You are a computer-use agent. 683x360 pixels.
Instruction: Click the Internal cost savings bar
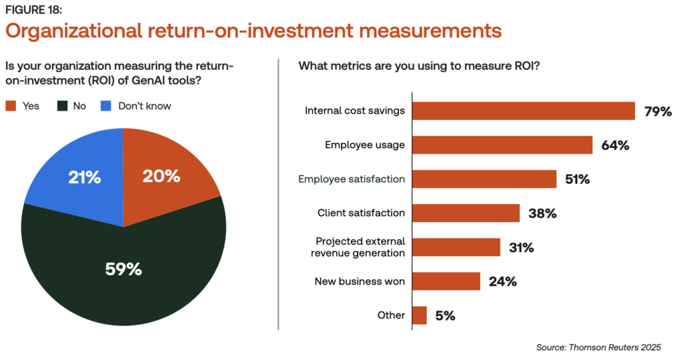[524, 111]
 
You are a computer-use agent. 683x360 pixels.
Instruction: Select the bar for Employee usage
[502, 145]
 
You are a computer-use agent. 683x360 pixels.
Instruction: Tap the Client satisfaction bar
[466, 213]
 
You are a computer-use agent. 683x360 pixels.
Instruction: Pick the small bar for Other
[420, 315]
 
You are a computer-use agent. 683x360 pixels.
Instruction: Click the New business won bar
[446, 281]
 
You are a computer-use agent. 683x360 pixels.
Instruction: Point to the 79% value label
[658, 111]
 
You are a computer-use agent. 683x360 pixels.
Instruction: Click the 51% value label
[577, 179]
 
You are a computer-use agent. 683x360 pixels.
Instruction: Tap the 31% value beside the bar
[521, 248]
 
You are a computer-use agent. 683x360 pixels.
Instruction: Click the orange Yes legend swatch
[11, 106]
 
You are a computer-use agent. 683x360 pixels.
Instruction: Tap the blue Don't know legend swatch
[106, 106]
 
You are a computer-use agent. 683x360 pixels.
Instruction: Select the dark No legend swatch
[62, 106]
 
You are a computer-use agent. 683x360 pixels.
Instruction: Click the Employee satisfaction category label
[352, 179]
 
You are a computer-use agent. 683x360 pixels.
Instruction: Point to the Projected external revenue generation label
[358, 247]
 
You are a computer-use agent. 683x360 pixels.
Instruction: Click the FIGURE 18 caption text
[33, 9]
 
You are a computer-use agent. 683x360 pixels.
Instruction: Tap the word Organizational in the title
[73, 31]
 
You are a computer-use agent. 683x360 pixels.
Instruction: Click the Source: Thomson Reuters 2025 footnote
[598, 347]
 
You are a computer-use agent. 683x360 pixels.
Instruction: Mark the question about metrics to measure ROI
[419, 66]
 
